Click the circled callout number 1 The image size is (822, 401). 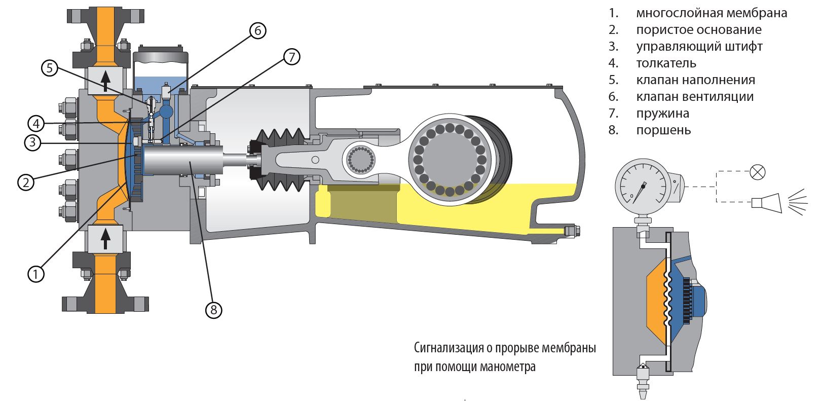[x=35, y=274]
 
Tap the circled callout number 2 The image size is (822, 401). [x=26, y=181]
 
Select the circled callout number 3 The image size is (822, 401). [x=32, y=143]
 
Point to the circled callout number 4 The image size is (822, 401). [x=35, y=123]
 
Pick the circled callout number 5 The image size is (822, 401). [x=49, y=68]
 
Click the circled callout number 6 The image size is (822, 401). [x=257, y=31]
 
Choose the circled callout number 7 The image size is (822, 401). [x=291, y=57]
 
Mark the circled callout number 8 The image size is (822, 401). [x=213, y=309]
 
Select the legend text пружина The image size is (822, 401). [x=662, y=113]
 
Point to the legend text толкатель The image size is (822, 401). [x=666, y=63]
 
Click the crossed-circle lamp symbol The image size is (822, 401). [x=757, y=172]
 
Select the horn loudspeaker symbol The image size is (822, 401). [x=765, y=202]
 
